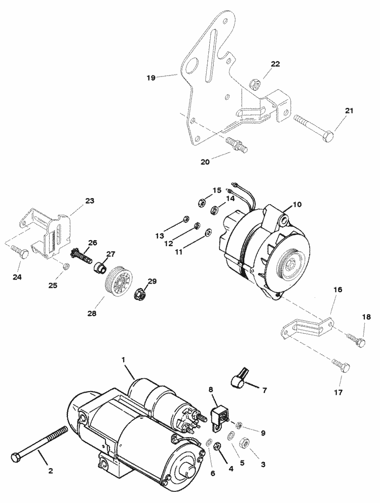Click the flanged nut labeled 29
click(140, 292)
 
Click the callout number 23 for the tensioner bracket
click(90, 201)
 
